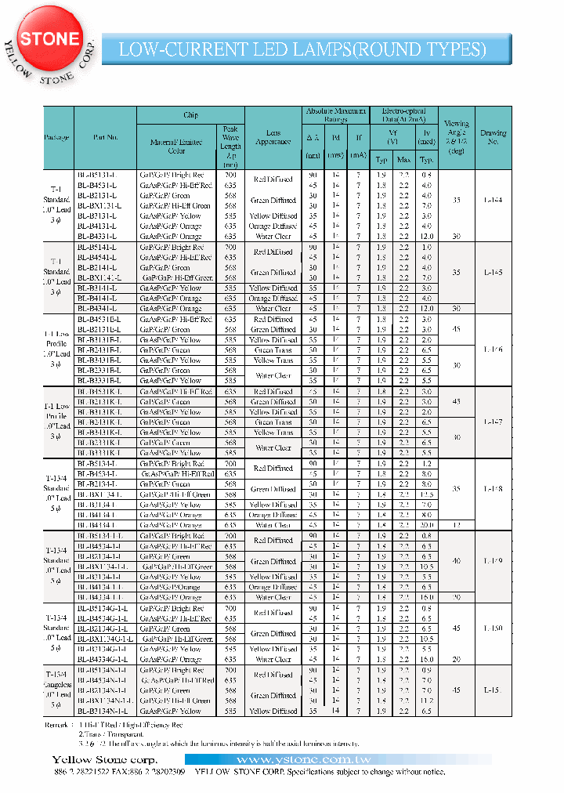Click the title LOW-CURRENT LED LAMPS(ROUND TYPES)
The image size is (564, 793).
click(x=302, y=49)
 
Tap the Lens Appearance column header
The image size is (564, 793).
click(x=273, y=138)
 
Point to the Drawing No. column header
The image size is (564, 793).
click(x=493, y=138)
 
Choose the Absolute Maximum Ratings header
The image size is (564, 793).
click(x=335, y=115)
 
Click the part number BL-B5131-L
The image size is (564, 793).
click(x=97, y=175)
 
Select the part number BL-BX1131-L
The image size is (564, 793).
click(x=98, y=205)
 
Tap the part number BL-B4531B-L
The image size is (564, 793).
click(x=99, y=319)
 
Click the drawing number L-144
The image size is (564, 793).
click(x=493, y=201)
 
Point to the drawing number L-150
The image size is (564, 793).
click(x=493, y=628)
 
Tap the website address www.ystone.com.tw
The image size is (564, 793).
click(x=337, y=760)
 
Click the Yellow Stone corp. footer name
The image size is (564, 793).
click(x=104, y=760)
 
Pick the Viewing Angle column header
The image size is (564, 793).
click(x=456, y=138)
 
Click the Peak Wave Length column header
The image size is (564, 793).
click(x=230, y=147)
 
